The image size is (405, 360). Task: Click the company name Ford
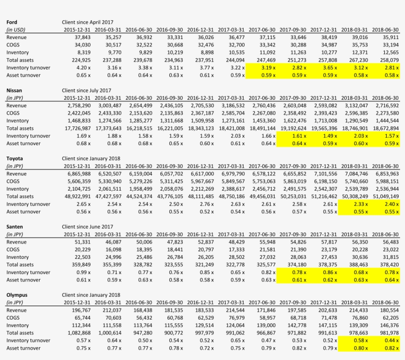(x=12, y=22)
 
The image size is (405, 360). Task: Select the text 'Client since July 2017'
(x=87, y=90)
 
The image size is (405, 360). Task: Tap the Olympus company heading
(x=17, y=295)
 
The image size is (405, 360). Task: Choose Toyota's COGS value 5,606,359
(x=79, y=181)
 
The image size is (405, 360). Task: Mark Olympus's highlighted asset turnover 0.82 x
(x=385, y=348)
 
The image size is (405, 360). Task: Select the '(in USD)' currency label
(x=16, y=30)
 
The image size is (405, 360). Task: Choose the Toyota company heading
(x=15, y=159)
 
